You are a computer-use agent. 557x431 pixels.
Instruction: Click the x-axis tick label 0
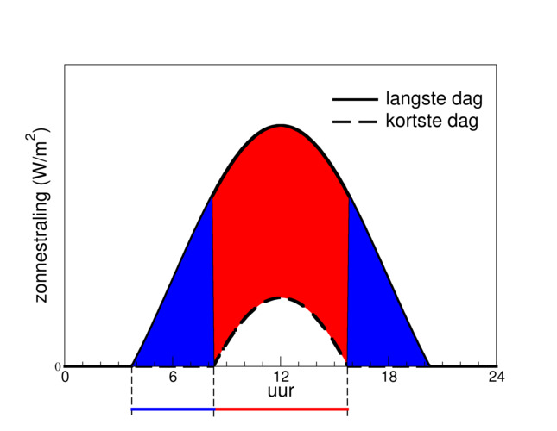(x=65, y=377)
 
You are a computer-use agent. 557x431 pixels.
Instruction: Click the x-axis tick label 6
(x=173, y=377)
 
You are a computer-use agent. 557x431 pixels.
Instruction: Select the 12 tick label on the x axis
(x=281, y=377)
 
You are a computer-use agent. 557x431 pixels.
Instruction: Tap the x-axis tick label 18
(x=389, y=377)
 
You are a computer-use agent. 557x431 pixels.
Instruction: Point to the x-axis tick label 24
(x=497, y=377)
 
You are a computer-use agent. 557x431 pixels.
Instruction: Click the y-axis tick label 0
(x=57, y=366)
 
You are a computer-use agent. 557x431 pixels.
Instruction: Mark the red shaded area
(x=281, y=215)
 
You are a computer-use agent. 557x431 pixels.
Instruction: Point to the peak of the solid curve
(x=281, y=126)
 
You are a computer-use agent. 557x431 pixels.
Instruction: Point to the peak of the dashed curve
(x=281, y=298)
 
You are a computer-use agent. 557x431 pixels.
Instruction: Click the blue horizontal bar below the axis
(x=173, y=410)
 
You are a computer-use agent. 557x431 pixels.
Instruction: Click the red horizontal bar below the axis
(x=281, y=410)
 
